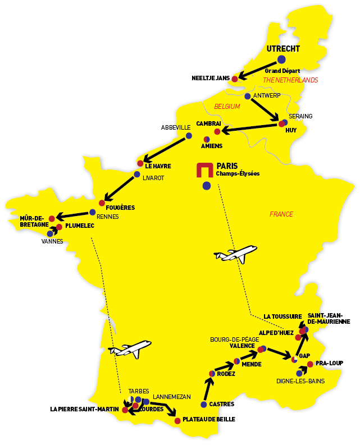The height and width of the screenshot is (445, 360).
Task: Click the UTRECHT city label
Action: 284,49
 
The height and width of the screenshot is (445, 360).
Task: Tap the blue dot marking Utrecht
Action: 281,59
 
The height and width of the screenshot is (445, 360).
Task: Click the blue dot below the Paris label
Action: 207,185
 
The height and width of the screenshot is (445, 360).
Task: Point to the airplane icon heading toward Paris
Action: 236,254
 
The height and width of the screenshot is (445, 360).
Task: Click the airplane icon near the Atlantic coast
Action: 131,348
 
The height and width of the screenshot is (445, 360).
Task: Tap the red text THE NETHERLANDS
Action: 290,80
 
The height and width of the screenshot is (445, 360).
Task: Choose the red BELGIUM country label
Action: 227,106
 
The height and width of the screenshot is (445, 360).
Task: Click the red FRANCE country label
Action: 281,214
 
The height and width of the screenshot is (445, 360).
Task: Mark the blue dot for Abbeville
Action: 189,136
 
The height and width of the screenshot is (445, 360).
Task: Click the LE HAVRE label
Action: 157,166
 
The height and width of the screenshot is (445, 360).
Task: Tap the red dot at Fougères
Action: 102,203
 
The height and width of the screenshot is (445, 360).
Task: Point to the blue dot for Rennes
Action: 92,212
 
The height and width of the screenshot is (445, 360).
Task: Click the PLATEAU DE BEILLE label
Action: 209,419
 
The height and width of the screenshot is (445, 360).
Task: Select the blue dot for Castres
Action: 203,404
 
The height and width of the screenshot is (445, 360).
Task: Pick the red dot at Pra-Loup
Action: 310,364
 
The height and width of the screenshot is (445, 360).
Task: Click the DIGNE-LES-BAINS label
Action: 299,381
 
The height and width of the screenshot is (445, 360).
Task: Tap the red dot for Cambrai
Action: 217,132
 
